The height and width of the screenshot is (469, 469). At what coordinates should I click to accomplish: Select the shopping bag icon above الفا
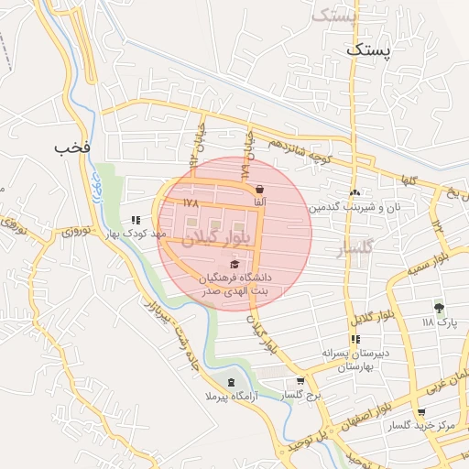[x=261, y=190]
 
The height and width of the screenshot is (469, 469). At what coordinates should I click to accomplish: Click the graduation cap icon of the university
[x=236, y=264]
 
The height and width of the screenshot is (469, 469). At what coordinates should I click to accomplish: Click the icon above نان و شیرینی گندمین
[x=354, y=193]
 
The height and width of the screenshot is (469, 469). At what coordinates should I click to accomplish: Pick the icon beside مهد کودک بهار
[x=136, y=220]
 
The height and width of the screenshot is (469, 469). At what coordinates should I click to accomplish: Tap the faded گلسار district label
[x=355, y=247]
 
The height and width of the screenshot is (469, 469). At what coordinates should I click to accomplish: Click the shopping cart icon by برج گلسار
[x=300, y=381]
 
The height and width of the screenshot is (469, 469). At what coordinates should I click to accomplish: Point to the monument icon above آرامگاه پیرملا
[x=231, y=382]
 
